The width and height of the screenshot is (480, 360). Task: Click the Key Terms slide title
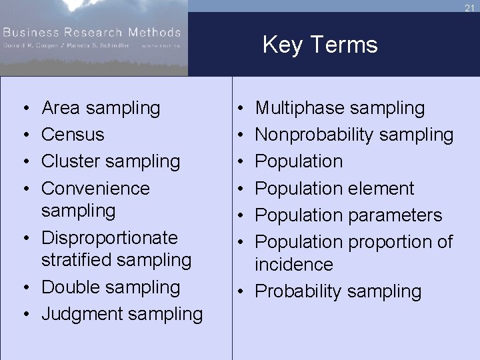tap(320, 45)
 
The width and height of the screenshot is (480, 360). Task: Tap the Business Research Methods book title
tap(92, 32)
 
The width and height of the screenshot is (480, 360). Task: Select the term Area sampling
tap(101, 107)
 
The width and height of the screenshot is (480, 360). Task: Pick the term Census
tap(73, 134)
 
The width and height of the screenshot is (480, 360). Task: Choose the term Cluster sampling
tap(111, 161)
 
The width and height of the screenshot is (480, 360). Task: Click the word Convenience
tap(96, 188)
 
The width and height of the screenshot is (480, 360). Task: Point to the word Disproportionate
tap(109, 237)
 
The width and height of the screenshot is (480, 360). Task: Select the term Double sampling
tap(111, 287)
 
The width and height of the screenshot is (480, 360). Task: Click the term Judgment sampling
tap(122, 314)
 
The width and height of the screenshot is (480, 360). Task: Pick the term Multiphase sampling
tap(340, 107)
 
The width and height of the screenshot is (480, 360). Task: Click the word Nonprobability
tap(314, 134)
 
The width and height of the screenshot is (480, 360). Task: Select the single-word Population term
tap(299, 161)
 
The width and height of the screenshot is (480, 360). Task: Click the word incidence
tap(294, 265)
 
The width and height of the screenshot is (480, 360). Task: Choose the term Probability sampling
tap(339, 291)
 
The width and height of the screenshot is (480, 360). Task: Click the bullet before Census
tap(24, 135)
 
